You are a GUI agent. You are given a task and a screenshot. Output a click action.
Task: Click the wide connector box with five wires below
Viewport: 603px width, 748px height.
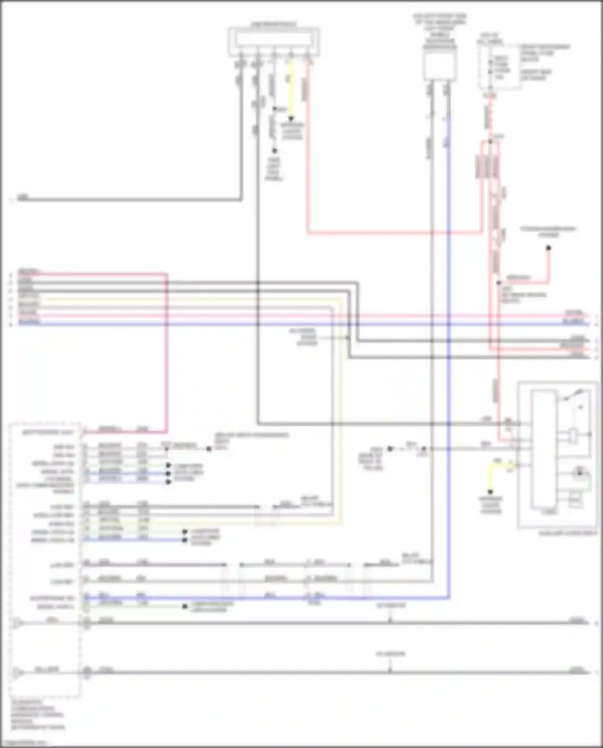click(x=274, y=41)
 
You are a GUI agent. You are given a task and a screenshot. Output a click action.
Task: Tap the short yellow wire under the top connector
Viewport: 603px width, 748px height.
click(x=291, y=90)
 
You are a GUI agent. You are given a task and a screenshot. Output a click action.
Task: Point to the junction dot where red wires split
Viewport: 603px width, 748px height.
click(x=490, y=141)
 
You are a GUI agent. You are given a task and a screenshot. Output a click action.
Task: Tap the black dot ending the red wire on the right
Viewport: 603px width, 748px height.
click(x=548, y=248)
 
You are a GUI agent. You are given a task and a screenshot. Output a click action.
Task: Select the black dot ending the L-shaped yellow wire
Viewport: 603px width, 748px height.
click(x=490, y=492)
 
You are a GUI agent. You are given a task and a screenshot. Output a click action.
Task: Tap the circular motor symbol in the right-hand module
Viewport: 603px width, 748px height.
click(x=579, y=473)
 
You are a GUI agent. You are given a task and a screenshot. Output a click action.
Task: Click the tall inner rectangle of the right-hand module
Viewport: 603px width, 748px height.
click(x=544, y=450)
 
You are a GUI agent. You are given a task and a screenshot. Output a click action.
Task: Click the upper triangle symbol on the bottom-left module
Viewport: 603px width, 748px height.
click(x=16, y=623)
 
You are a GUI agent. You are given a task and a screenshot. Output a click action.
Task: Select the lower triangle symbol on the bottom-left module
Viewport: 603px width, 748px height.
click(x=16, y=672)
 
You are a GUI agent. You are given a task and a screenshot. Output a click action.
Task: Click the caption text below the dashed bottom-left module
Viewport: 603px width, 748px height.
click(x=37, y=714)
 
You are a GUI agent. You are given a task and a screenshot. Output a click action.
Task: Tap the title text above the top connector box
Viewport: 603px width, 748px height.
click(x=273, y=24)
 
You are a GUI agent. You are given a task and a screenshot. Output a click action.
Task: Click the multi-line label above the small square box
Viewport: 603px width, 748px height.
click(x=439, y=31)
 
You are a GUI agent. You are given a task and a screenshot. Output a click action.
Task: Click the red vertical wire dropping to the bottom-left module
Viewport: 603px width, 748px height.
click(x=166, y=354)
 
